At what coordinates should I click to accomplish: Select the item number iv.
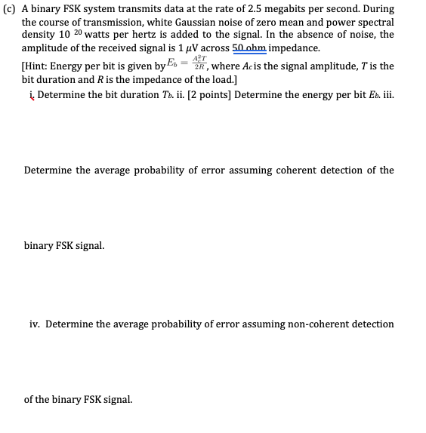(35, 324)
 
